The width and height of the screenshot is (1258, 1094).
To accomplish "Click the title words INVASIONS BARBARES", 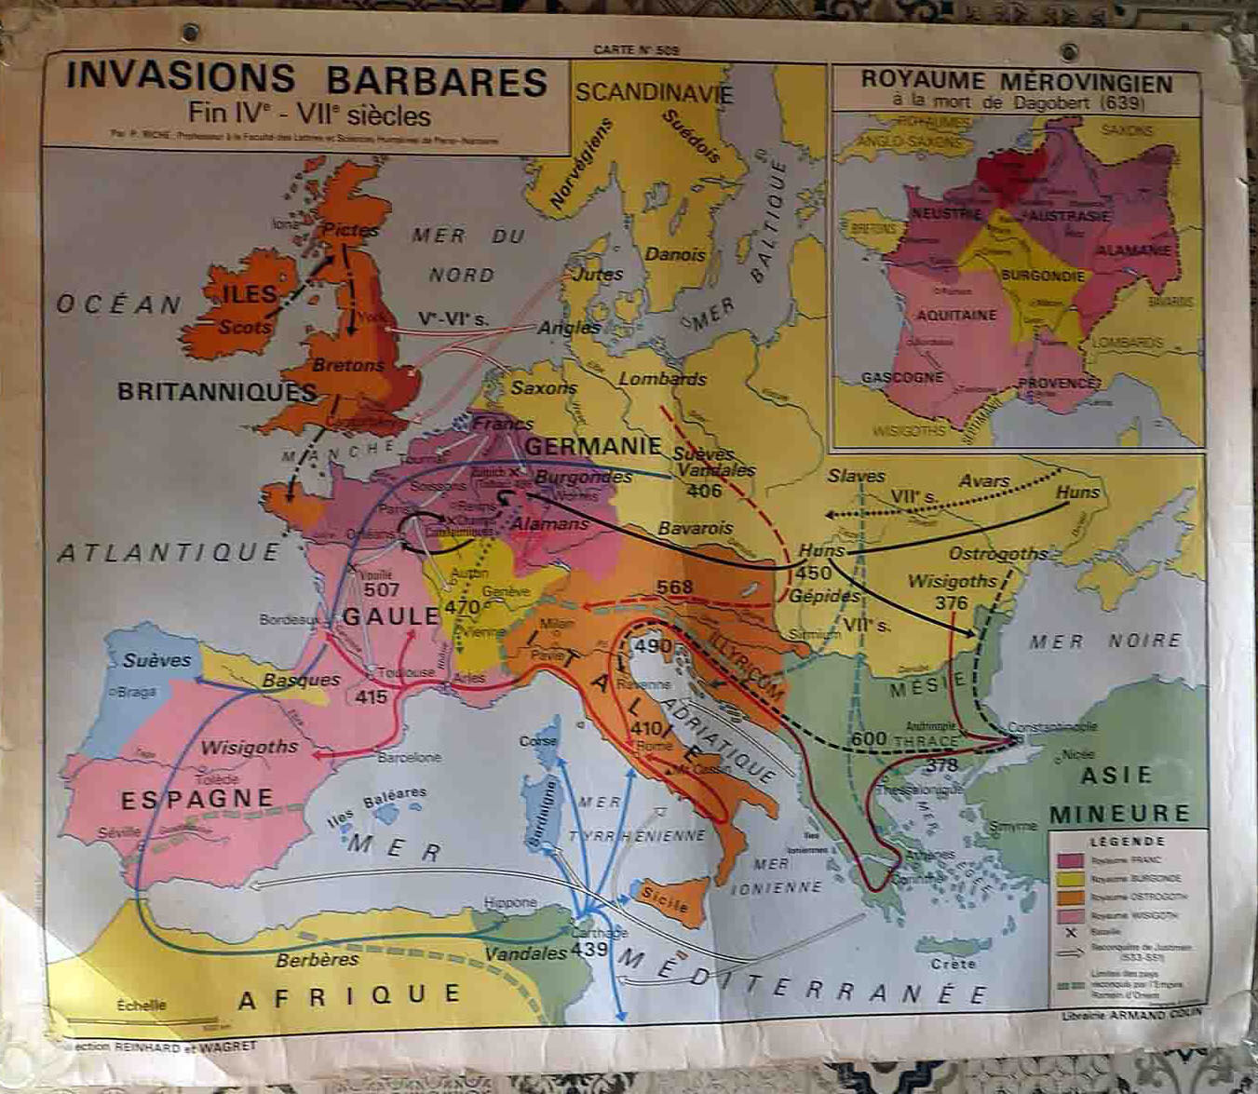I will point(305,80).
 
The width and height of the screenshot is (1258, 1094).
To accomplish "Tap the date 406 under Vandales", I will point(703,491).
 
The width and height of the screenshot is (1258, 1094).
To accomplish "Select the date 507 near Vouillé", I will point(382,589).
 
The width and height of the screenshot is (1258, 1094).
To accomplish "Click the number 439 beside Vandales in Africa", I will point(590,950).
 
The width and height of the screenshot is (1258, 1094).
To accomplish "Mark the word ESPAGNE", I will point(196,799).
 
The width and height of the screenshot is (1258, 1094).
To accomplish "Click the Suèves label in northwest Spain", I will point(156,660).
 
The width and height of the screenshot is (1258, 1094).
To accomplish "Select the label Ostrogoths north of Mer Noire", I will point(997,554).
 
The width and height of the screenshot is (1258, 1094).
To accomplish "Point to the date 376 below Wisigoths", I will point(951,602).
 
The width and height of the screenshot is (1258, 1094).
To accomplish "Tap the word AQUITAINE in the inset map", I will point(956,315).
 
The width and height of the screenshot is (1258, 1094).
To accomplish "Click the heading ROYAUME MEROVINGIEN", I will point(1016,80).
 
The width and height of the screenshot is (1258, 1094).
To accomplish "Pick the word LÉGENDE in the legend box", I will point(1127,841).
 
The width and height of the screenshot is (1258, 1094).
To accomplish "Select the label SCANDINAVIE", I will point(654,93).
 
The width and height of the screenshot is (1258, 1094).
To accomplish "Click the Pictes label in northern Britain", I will point(350,229).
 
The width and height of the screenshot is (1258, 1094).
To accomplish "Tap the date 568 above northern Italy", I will point(674,587).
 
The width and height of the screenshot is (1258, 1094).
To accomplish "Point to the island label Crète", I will point(953,964).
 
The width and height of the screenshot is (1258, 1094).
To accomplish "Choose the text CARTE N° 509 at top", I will point(637,50).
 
